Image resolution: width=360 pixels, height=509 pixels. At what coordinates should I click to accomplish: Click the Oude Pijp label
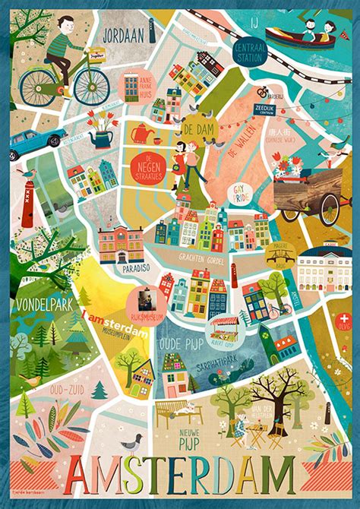(x=178, y=343)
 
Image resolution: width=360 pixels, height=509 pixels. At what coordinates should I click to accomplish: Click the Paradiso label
(x=122, y=267)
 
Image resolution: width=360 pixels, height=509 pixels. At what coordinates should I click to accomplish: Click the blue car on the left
(x=39, y=138)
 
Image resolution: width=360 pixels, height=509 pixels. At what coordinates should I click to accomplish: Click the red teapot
(x=141, y=133)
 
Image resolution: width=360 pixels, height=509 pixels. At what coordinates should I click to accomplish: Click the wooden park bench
(x=176, y=414)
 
